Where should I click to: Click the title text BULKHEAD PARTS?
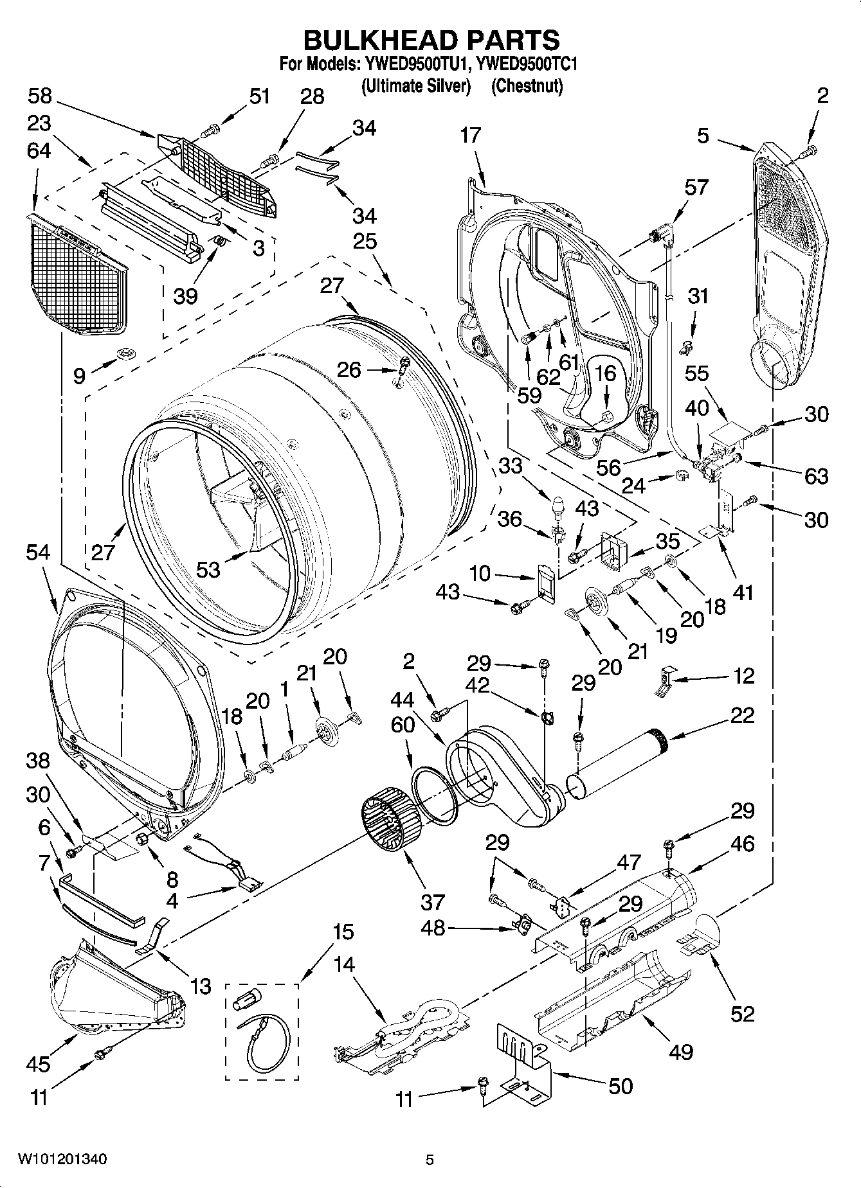(431, 40)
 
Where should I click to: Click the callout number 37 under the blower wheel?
(432, 903)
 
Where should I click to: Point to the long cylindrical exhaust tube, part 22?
(617, 765)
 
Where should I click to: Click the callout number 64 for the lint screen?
(39, 150)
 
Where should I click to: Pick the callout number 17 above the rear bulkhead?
(470, 136)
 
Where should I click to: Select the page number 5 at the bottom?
(430, 1160)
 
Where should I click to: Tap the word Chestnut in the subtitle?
(527, 85)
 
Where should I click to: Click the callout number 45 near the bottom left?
(38, 1063)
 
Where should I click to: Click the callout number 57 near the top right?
(696, 187)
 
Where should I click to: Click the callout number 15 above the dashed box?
(343, 932)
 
